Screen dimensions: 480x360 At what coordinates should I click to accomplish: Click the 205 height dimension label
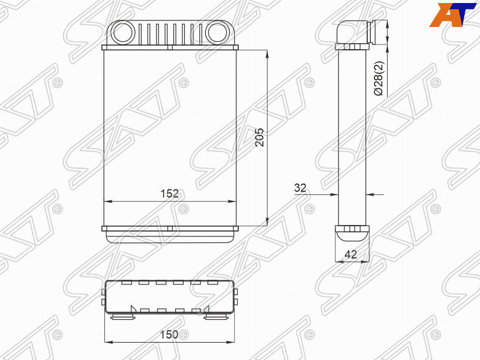pos(260,137)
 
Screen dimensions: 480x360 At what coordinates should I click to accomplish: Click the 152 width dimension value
pos(170,193)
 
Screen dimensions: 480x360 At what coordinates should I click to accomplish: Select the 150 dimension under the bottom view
pos(169,334)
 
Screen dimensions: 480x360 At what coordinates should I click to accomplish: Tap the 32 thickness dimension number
pos(300,188)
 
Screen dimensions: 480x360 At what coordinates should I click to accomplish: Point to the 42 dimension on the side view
pos(351,254)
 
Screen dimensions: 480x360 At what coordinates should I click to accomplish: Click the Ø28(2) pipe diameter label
pos(379,79)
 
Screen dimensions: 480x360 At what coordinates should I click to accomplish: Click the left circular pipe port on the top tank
pos(122,32)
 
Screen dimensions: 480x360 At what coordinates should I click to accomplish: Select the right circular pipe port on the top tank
pos(217,32)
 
